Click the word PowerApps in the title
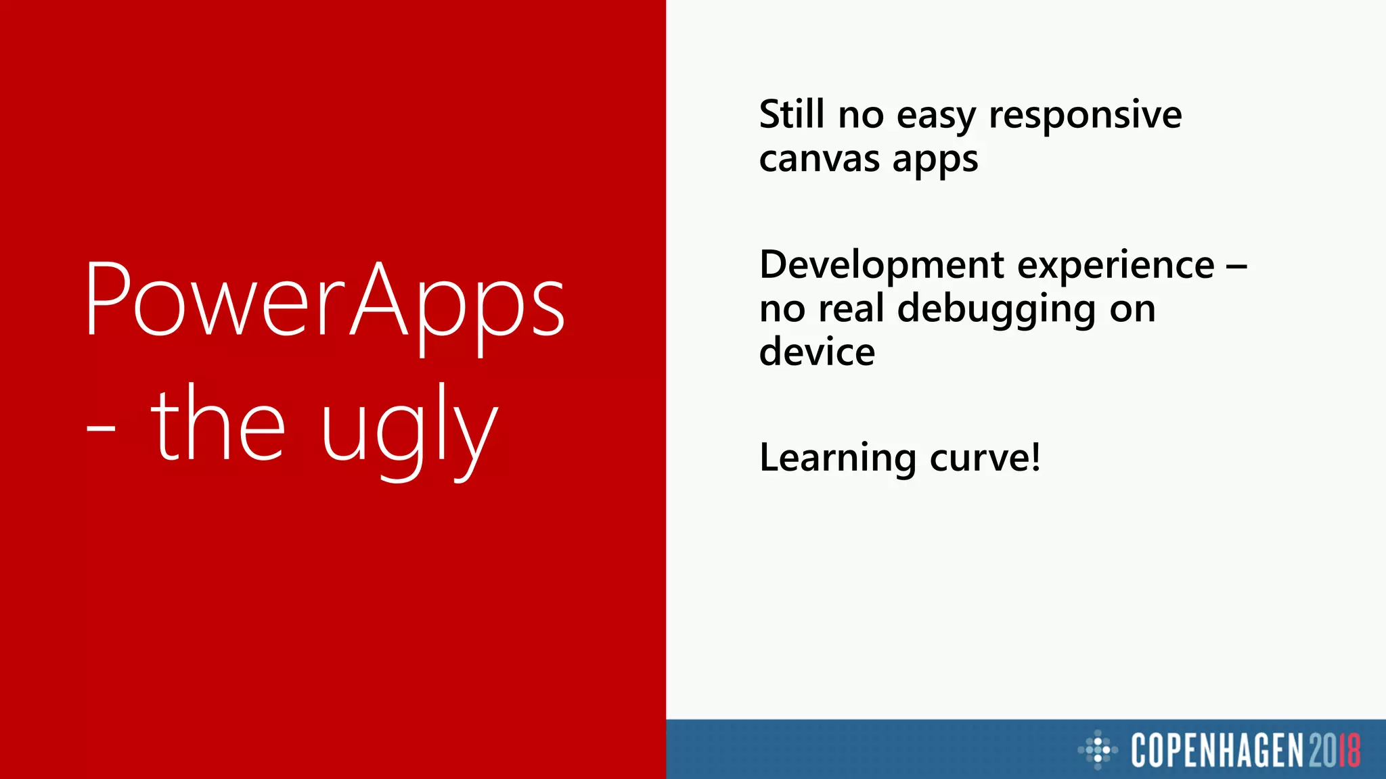click(325, 302)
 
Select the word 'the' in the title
click(217, 423)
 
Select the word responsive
click(1085, 116)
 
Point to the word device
click(817, 352)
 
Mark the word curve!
click(985, 458)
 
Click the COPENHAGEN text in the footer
click(1217, 750)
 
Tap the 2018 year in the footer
click(1334, 750)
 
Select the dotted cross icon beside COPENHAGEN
click(1098, 749)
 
